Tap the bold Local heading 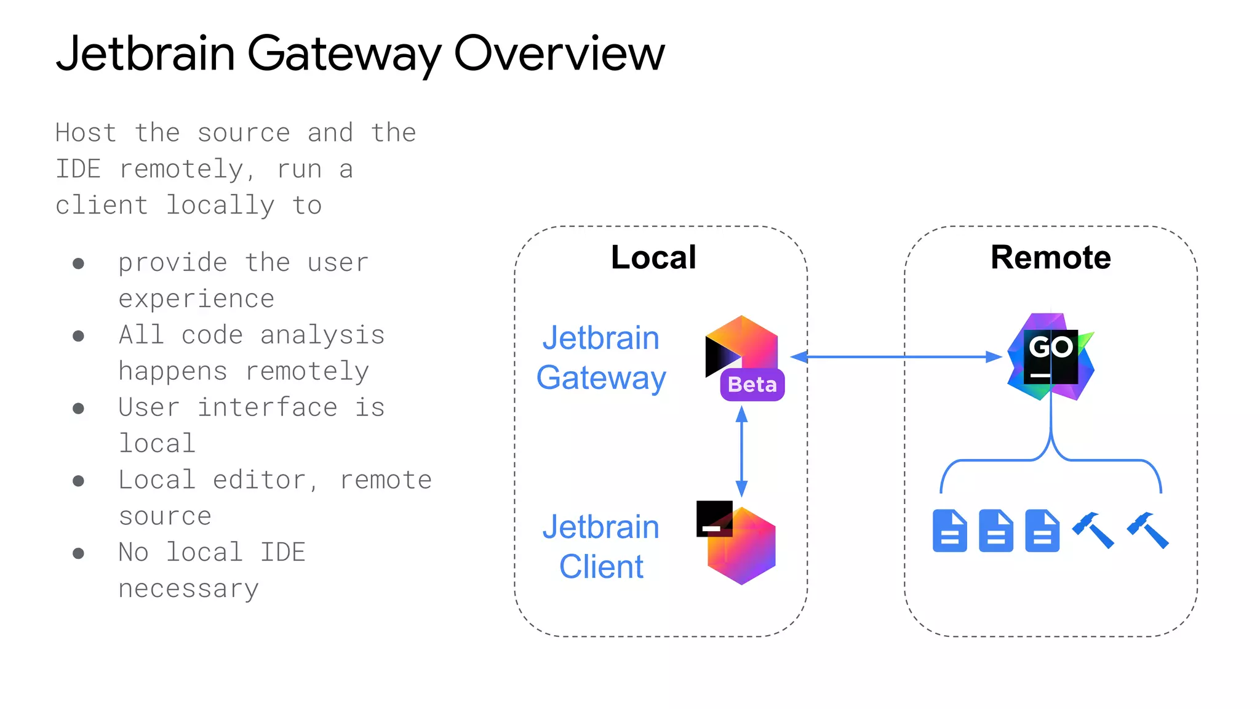[653, 257]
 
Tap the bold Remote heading [1050, 257]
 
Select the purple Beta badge [752, 385]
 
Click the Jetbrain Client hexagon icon [741, 545]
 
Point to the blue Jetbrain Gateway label [600, 358]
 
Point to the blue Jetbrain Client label [600, 547]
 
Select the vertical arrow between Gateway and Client [741, 451]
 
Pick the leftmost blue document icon [949, 531]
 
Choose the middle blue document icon [995, 531]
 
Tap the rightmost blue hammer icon [1147, 530]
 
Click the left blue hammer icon [1093, 530]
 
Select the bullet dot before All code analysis [78, 336]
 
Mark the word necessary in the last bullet [188, 589]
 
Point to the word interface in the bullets [267, 407]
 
